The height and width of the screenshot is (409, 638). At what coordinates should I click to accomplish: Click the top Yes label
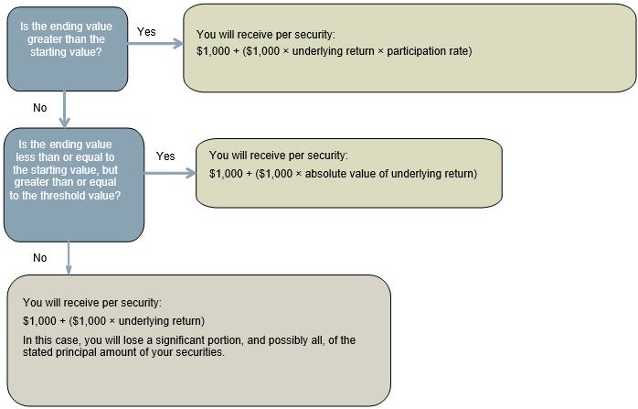tap(146, 32)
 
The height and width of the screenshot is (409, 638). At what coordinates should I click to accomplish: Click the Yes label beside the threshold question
tap(165, 156)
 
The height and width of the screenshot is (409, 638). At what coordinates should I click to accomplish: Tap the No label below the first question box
tap(40, 108)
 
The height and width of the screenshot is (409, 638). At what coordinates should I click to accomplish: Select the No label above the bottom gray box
tap(40, 257)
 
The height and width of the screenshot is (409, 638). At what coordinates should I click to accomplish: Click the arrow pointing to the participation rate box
tap(155, 43)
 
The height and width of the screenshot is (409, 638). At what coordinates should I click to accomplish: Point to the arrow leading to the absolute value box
tap(170, 173)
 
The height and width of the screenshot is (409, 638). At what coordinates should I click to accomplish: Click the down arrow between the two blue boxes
tap(64, 109)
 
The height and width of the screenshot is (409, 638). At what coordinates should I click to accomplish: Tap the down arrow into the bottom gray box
tap(69, 258)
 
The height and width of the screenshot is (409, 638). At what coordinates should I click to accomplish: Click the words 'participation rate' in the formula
tap(428, 51)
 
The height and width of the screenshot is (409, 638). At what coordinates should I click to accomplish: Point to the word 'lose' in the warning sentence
tap(133, 339)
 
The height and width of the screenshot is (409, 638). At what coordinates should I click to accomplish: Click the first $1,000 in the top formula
tap(213, 51)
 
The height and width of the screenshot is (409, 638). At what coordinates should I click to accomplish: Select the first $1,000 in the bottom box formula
tap(39, 321)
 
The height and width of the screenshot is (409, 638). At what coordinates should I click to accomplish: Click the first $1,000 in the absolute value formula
tap(227, 174)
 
